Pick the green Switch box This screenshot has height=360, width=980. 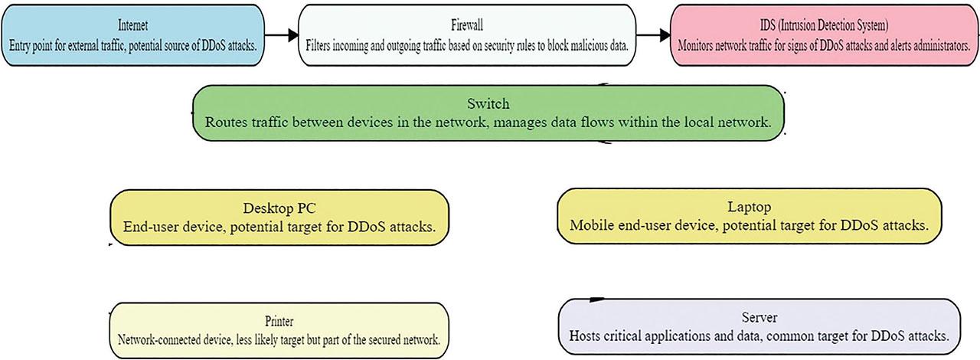pos(488,113)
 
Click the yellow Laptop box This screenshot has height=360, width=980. pos(750,217)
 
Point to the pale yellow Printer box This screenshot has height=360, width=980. pos(283,330)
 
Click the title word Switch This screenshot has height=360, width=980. pos(488,103)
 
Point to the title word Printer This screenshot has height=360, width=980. pos(283,322)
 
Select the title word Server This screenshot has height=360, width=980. pos(759,318)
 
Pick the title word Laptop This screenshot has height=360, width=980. pos(750,208)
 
